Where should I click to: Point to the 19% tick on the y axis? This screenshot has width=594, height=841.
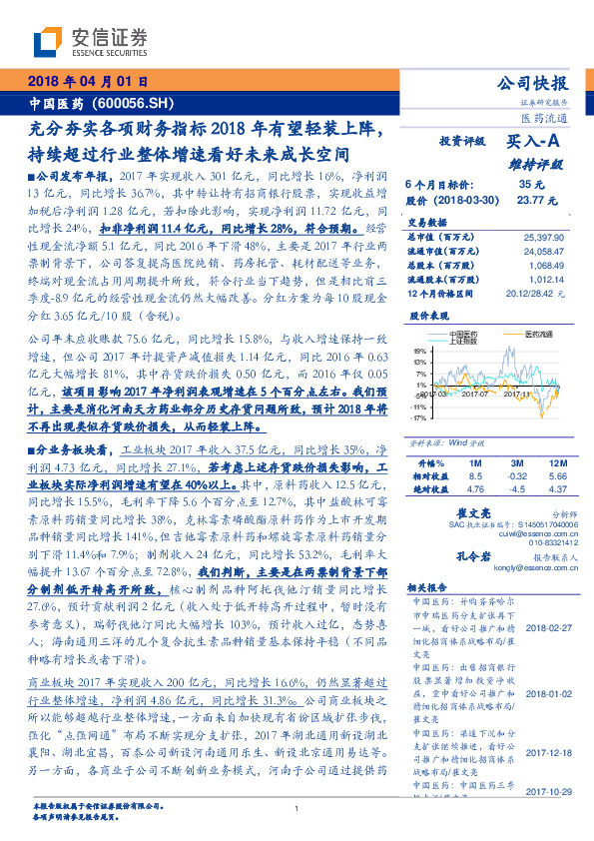pyautogui.click(x=420, y=351)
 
